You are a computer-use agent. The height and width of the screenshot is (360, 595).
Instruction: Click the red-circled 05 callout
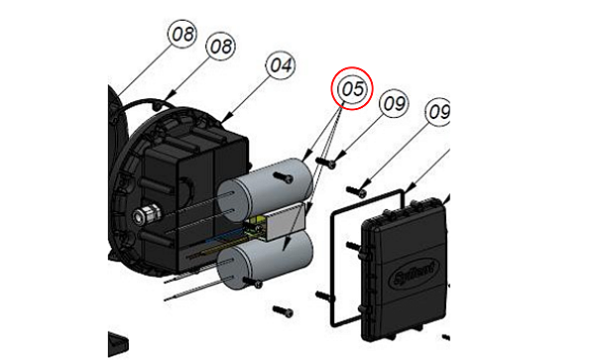[350, 88]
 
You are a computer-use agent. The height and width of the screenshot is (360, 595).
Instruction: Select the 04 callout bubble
[281, 65]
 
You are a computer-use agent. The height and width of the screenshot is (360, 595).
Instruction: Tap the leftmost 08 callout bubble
[182, 35]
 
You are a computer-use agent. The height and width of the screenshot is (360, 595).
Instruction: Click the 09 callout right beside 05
[394, 101]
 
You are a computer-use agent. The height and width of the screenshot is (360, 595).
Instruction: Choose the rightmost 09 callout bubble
[438, 112]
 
